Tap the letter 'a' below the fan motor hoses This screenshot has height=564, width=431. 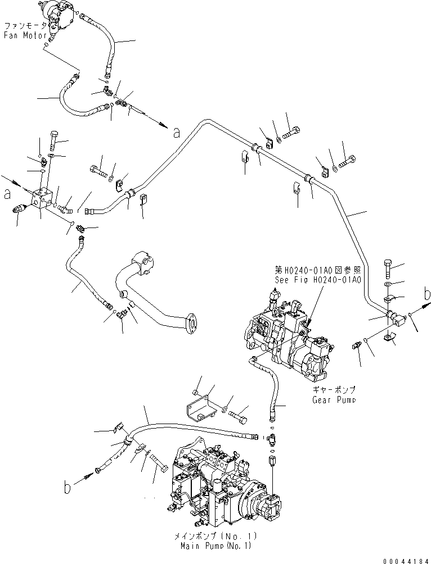tap(177, 133)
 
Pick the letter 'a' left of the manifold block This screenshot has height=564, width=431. tap(7, 194)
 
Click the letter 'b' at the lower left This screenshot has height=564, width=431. tap(68, 488)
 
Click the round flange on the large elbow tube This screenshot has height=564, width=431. tap(189, 325)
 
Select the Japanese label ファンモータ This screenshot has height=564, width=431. tap(23, 26)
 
